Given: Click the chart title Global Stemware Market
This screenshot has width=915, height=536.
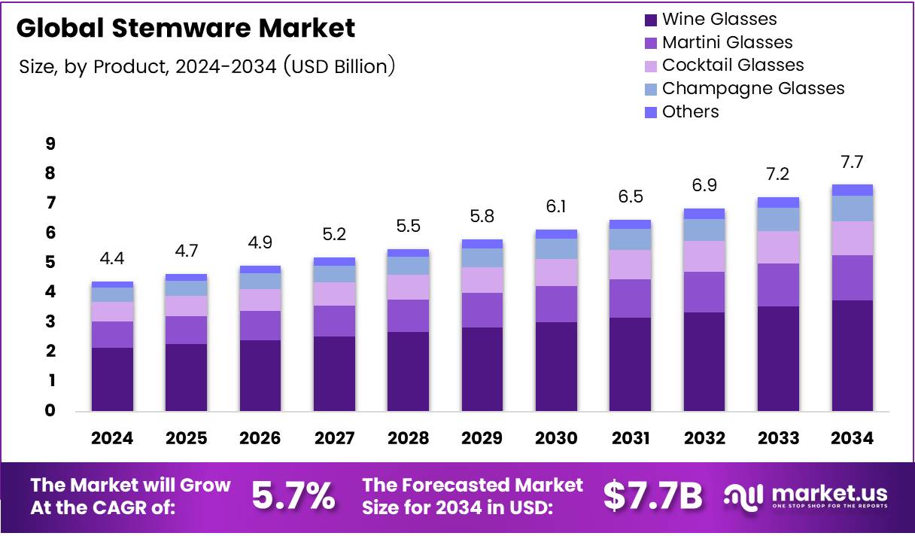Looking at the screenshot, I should (185, 29).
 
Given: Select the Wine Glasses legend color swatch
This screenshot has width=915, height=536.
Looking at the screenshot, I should (649, 20).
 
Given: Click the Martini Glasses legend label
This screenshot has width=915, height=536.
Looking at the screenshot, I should (727, 42).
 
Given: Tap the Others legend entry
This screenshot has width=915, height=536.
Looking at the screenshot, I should (690, 111).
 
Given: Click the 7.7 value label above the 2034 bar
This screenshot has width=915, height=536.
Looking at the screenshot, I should (852, 162).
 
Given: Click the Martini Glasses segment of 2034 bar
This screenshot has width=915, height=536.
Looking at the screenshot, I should (852, 278).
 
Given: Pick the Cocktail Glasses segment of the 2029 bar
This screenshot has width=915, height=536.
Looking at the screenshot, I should (482, 280).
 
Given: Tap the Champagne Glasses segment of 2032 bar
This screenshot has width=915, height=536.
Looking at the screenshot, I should (704, 230).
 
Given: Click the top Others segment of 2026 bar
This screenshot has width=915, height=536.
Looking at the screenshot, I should (260, 269).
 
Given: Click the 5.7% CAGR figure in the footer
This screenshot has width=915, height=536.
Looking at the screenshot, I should (293, 496).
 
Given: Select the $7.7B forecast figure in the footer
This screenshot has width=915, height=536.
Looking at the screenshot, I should (652, 496).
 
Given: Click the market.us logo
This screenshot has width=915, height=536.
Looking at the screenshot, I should (805, 496).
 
